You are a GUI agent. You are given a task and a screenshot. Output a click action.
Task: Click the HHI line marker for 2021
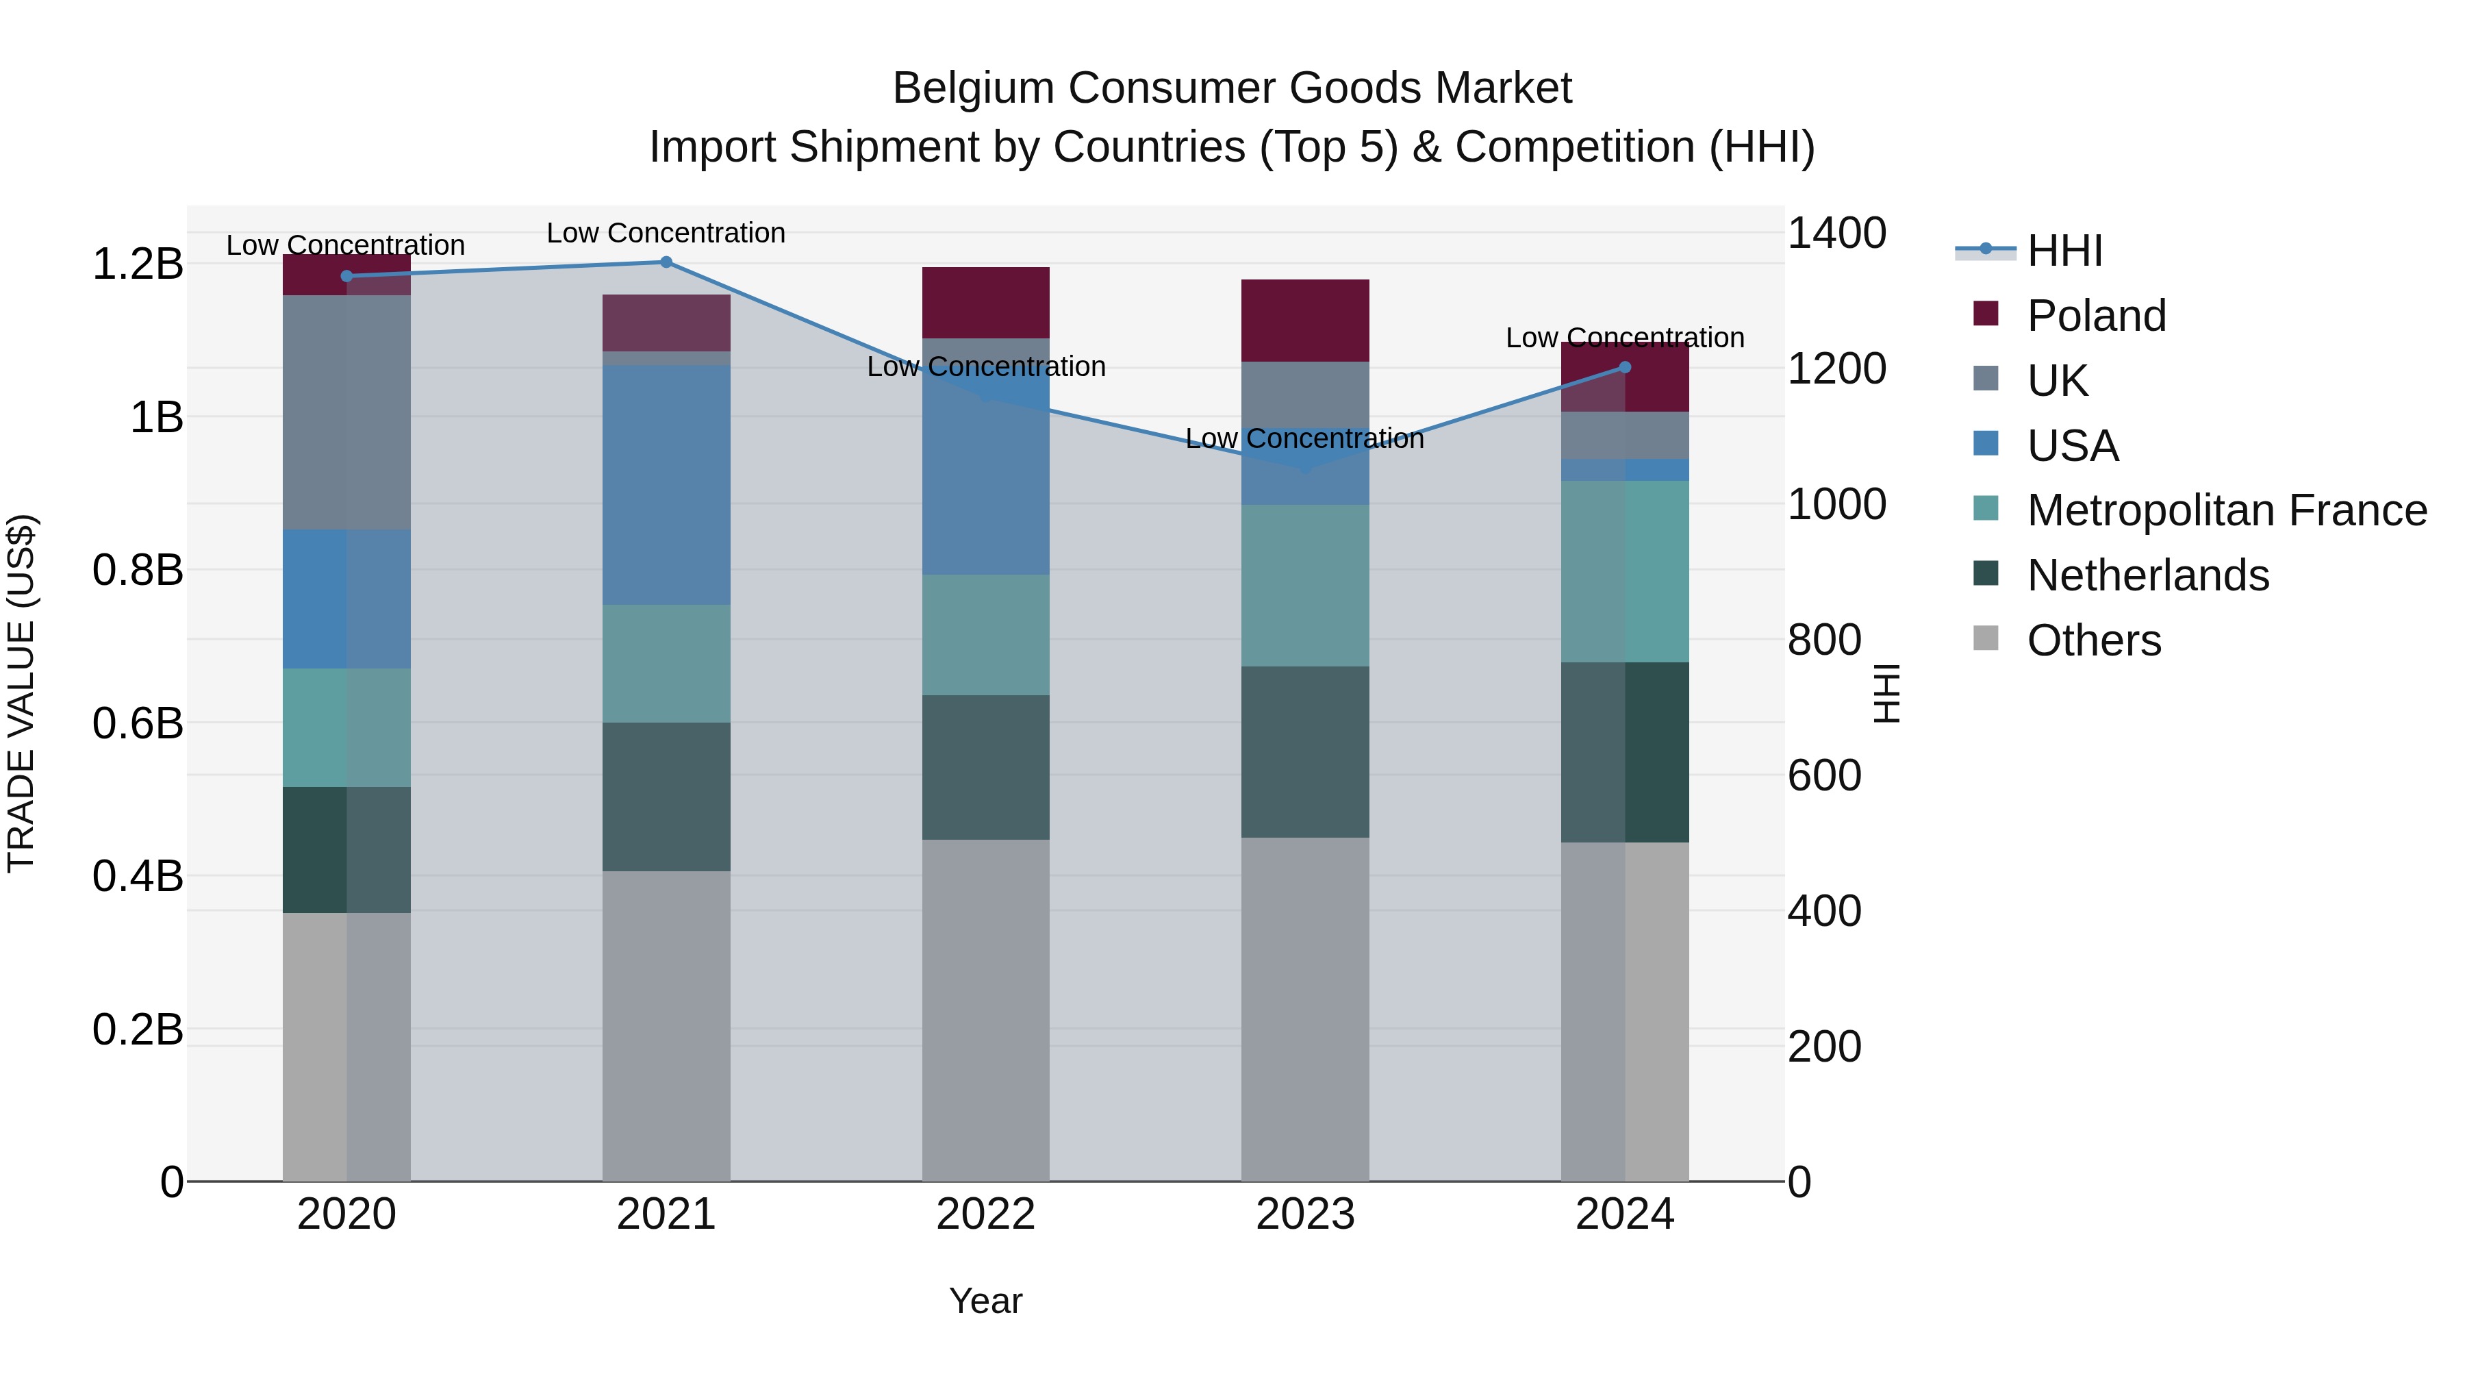coord(666,262)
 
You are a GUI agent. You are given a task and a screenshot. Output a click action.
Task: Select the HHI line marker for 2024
coord(1624,366)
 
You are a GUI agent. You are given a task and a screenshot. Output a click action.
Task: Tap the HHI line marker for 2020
coord(346,275)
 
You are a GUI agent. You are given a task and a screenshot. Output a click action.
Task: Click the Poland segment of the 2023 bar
coord(1304,320)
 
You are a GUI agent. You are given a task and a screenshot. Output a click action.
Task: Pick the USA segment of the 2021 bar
coord(666,484)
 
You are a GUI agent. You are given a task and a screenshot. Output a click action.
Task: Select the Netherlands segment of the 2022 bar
coord(985,766)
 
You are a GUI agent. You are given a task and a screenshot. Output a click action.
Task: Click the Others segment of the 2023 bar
coord(1304,1009)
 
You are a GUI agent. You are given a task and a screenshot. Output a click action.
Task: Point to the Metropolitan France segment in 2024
coord(1624,571)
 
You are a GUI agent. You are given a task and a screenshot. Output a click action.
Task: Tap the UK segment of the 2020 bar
coord(346,412)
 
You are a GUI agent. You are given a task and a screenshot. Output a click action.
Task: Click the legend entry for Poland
coord(2096,315)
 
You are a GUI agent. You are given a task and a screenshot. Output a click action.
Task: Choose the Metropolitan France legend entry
coord(2226,510)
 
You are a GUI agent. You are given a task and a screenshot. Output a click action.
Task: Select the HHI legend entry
coord(2064,251)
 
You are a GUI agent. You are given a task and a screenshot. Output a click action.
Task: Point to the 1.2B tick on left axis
coord(137,264)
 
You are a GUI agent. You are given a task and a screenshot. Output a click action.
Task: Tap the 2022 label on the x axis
coord(985,1214)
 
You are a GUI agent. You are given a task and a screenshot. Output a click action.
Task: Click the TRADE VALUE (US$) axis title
coord(21,693)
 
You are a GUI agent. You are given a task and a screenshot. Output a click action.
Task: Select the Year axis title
coord(985,1301)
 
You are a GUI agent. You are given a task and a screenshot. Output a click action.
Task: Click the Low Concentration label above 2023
coord(1304,438)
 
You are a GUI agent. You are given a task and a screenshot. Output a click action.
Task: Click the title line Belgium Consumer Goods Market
coord(1232,88)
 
